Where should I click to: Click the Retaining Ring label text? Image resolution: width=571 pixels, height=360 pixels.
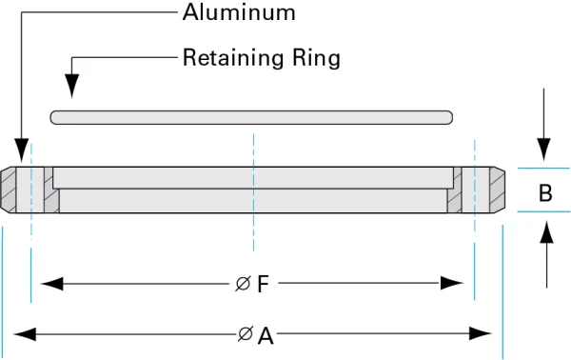point(261,58)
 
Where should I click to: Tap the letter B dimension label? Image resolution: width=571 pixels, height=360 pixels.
point(545,192)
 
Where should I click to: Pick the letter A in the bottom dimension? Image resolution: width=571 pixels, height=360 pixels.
point(266,335)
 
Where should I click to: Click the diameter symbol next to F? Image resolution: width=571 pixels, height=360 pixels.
point(244,284)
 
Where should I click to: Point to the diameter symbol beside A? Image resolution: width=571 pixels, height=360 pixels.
point(246,335)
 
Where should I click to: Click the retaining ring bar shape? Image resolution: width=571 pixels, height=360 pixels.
point(251,117)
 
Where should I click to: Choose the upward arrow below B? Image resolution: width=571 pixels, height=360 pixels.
point(546,232)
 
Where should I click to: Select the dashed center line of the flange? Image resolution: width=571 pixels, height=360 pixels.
point(253,190)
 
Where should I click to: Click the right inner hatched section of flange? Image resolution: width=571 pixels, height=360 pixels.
point(456,193)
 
